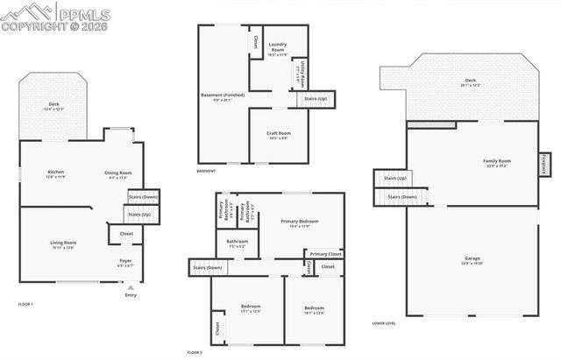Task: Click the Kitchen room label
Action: point(55,173)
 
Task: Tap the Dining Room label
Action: point(117,173)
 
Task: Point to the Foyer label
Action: point(125,260)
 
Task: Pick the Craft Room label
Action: point(279,133)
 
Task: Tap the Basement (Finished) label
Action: point(223,95)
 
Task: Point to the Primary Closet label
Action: point(324,254)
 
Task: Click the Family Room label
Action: point(497,161)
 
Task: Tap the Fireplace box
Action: point(544,165)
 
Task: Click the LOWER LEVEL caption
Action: point(384,322)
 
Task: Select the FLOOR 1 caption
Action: point(25,304)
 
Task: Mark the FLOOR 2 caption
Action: point(194,351)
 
